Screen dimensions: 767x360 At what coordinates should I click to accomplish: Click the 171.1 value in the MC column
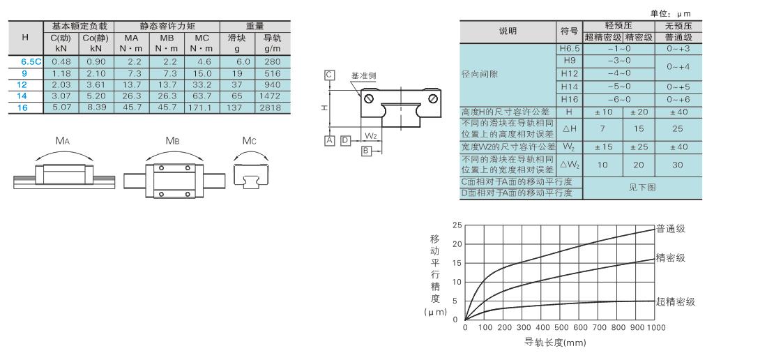tap(202, 107)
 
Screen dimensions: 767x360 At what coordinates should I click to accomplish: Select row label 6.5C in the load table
tap(31, 61)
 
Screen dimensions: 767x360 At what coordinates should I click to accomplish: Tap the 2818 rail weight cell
tap(272, 107)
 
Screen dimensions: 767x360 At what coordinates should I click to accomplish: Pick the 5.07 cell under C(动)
tap(61, 107)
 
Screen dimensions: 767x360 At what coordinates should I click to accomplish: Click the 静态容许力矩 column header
tap(167, 27)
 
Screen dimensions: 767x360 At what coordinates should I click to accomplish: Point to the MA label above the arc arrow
tap(63, 142)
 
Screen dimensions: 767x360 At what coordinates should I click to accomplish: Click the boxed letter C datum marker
tap(329, 75)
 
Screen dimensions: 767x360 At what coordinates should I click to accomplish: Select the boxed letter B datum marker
tap(366, 151)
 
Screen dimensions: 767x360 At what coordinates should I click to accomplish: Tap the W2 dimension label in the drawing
tap(371, 135)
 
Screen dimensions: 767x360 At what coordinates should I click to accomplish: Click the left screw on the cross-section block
tap(369, 98)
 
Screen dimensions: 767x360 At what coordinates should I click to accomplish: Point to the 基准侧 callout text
tap(364, 76)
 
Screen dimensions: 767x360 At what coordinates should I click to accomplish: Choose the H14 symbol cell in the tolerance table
tap(570, 87)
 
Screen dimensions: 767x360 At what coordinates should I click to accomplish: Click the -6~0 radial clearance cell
tap(618, 100)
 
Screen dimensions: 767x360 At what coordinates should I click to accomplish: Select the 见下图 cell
tap(641, 188)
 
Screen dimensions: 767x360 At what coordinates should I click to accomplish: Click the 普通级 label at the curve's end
tap(671, 229)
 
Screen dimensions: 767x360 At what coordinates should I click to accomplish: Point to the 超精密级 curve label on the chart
tap(676, 302)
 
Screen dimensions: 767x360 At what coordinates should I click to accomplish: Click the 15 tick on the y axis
tap(457, 263)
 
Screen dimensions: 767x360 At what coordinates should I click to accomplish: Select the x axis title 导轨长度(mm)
tap(555, 342)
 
